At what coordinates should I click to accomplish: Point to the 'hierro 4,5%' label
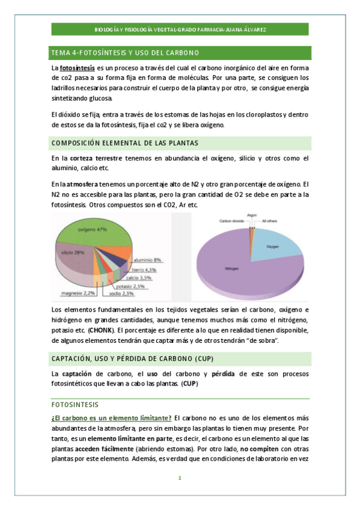(144, 270)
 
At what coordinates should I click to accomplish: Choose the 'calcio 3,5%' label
(140, 278)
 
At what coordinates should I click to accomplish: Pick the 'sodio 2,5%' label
(123, 293)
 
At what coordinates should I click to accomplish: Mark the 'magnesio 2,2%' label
(77, 293)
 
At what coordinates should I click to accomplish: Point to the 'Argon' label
(252, 215)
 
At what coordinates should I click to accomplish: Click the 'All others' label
(270, 221)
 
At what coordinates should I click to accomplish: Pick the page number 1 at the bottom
(179, 479)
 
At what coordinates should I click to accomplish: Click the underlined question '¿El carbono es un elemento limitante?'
(112, 418)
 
